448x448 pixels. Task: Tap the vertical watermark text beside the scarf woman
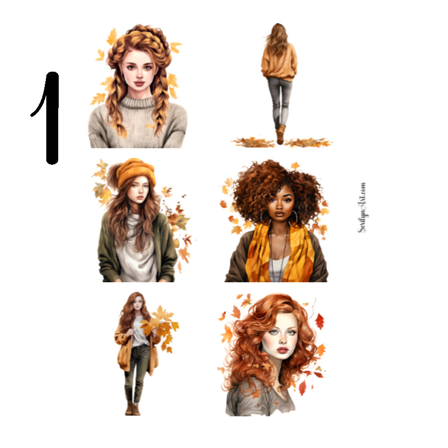[362, 207]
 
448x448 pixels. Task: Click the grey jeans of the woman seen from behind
[280, 100]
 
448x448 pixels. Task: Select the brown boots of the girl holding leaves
[132, 407]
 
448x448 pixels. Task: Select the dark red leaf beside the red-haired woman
[319, 321]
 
